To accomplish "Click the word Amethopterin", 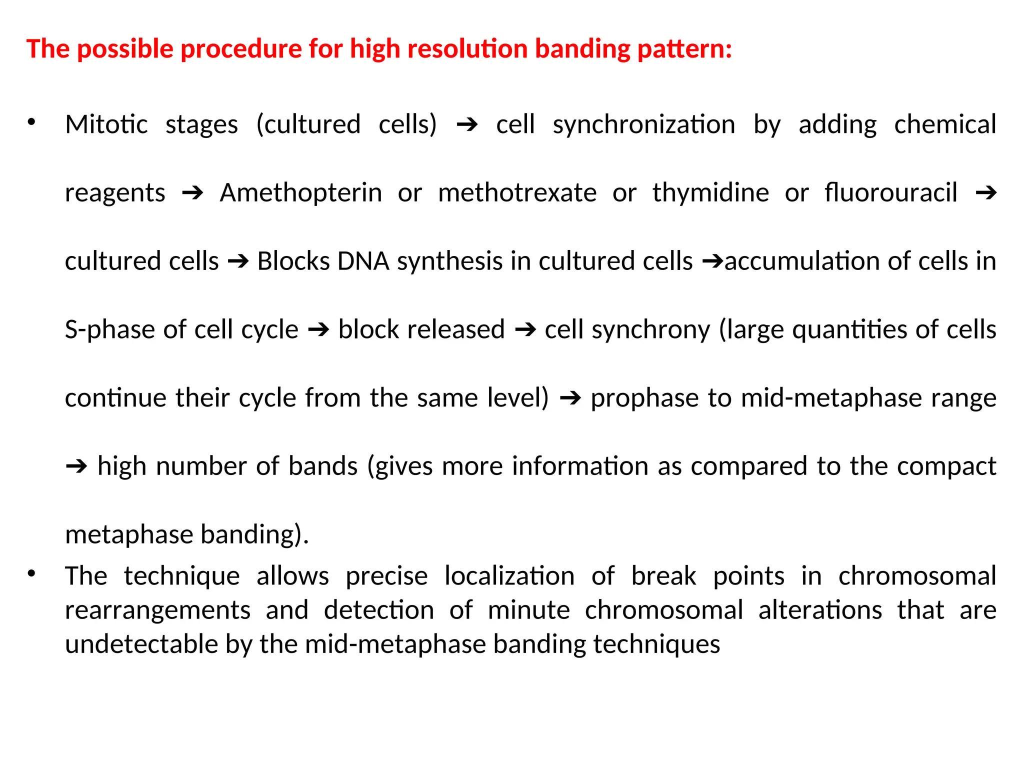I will tap(300, 193).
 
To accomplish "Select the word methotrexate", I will tap(517, 193).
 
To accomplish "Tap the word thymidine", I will tap(710, 193).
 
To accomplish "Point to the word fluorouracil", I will tap(890, 193).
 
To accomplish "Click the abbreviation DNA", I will tap(363, 261).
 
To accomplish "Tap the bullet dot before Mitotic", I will tap(31, 122).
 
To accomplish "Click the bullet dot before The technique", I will tap(31, 573).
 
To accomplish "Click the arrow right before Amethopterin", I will tap(192, 193).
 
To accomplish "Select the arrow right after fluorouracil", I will tap(986, 193).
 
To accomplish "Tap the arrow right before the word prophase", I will tap(570, 398).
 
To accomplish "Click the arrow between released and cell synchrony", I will tap(525, 330).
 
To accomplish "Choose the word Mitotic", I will tap(106, 124).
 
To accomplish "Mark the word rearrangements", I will tap(157, 610).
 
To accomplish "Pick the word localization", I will tap(509, 576).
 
